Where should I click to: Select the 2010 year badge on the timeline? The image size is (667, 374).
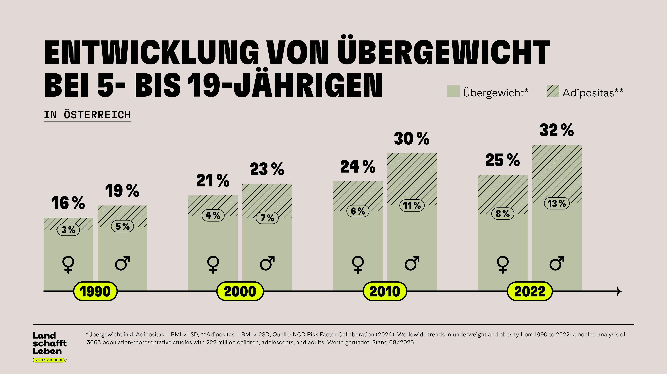click(x=385, y=291)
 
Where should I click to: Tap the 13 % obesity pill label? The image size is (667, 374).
click(x=557, y=203)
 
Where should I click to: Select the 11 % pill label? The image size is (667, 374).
click(x=412, y=205)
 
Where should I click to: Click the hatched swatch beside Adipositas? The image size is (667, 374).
click(x=553, y=91)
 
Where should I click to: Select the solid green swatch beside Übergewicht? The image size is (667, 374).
click(x=453, y=91)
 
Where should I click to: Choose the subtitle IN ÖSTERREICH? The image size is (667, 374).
click(x=87, y=115)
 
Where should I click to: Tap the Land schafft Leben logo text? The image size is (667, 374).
click(x=49, y=343)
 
